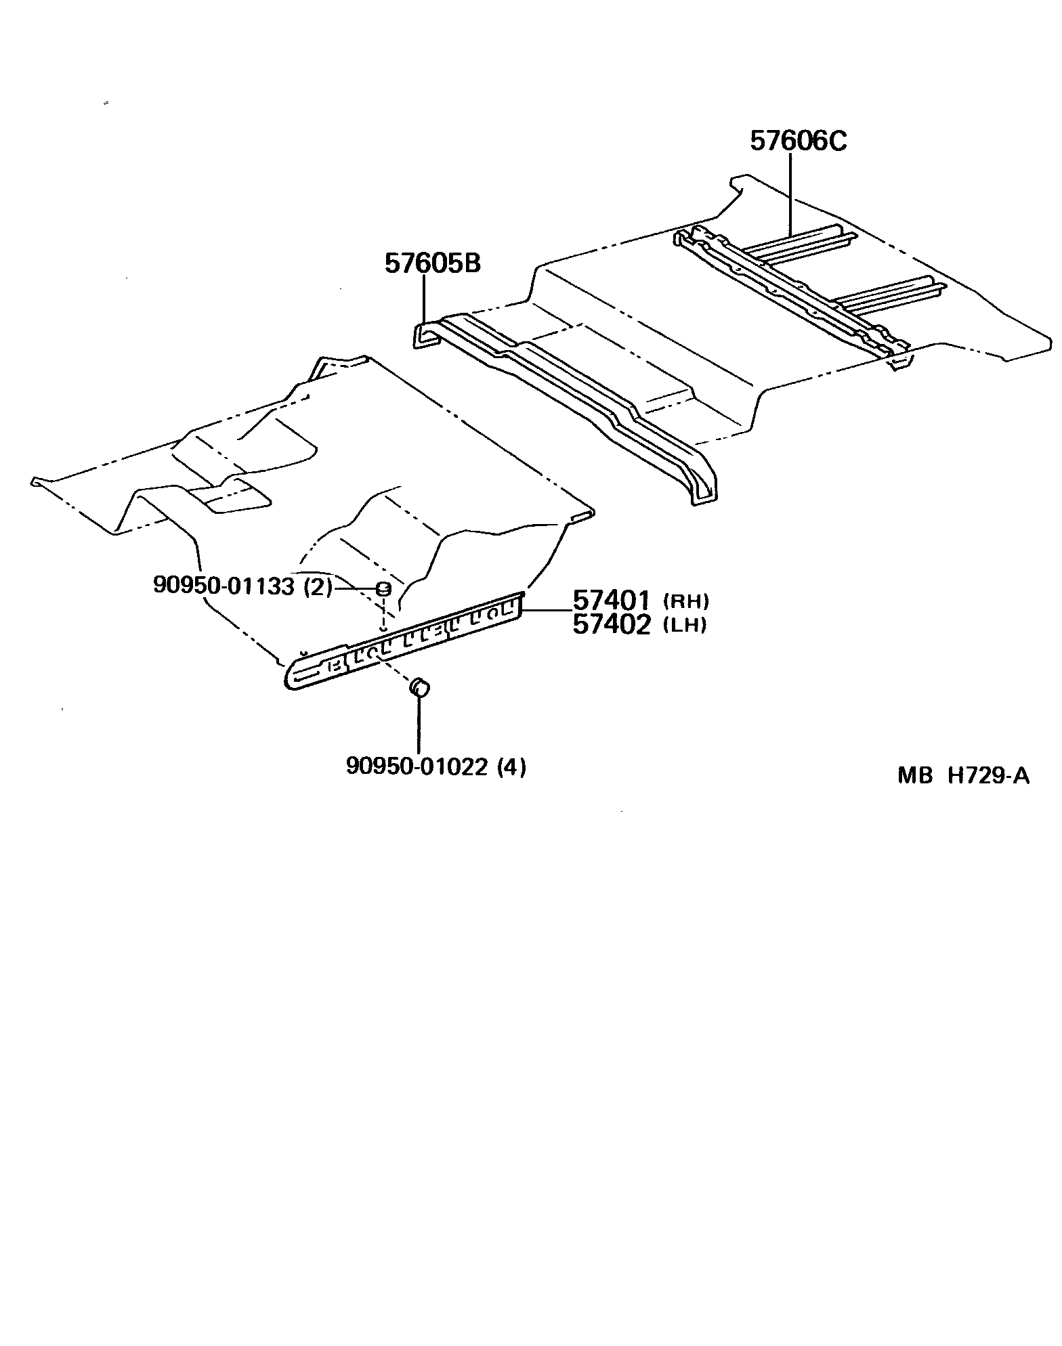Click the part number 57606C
(x=798, y=142)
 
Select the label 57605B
(x=432, y=263)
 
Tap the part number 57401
(x=612, y=600)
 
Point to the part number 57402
(x=612, y=624)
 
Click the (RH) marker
(x=685, y=601)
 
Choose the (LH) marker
(x=685, y=625)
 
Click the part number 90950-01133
(x=224, y=586)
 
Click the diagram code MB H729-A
(x=963, y=775)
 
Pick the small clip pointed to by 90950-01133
(x=383, y=588)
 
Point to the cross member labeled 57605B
(x=569, y=406)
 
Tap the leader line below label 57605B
(x=424, y=298)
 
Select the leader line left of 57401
(x=545, y=610)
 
